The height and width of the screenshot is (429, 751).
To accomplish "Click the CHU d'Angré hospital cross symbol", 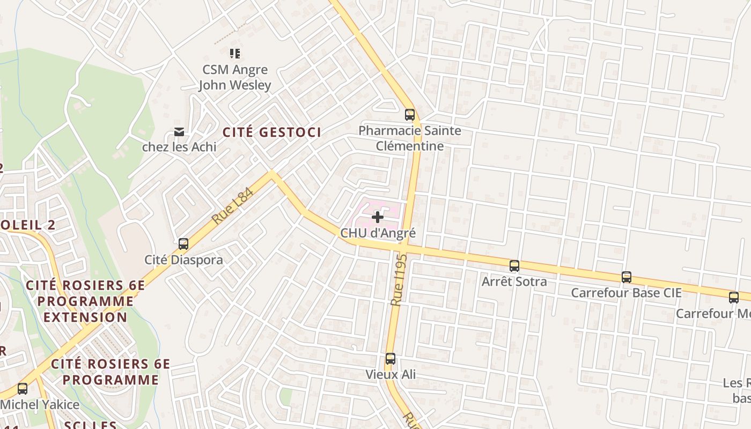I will (378, 217).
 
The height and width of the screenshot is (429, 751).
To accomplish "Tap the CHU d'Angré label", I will (378, 233).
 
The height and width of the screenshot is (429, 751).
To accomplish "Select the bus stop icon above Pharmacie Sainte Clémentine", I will (410, 114).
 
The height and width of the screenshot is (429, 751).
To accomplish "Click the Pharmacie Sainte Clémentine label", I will (410, 138).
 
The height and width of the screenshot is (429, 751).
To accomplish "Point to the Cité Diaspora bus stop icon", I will (183, 244).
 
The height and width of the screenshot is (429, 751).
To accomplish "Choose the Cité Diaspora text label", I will (183, 260).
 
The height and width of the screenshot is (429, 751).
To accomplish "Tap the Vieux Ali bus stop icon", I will (391, 359).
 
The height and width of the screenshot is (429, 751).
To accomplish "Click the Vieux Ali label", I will (391, 374).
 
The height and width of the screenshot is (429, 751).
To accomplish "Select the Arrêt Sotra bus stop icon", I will (514, 265).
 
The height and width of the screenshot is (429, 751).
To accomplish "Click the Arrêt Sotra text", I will (514, 282).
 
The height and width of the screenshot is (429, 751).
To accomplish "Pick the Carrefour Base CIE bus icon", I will (627, 277).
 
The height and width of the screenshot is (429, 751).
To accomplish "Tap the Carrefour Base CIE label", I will (626, 293).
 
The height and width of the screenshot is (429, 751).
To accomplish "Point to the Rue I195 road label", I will (400, 280).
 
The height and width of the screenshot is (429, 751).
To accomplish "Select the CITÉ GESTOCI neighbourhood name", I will (272, 132).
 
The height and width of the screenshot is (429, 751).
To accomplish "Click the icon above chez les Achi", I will (179, 132).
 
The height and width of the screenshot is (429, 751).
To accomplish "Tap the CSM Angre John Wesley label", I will (234, 77).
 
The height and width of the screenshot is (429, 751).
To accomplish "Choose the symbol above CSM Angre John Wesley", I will (234, 53).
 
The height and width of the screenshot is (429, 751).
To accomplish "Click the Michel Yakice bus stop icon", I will (23, 389).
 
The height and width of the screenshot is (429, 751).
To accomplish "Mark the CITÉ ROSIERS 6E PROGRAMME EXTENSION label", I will (85, 301).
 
